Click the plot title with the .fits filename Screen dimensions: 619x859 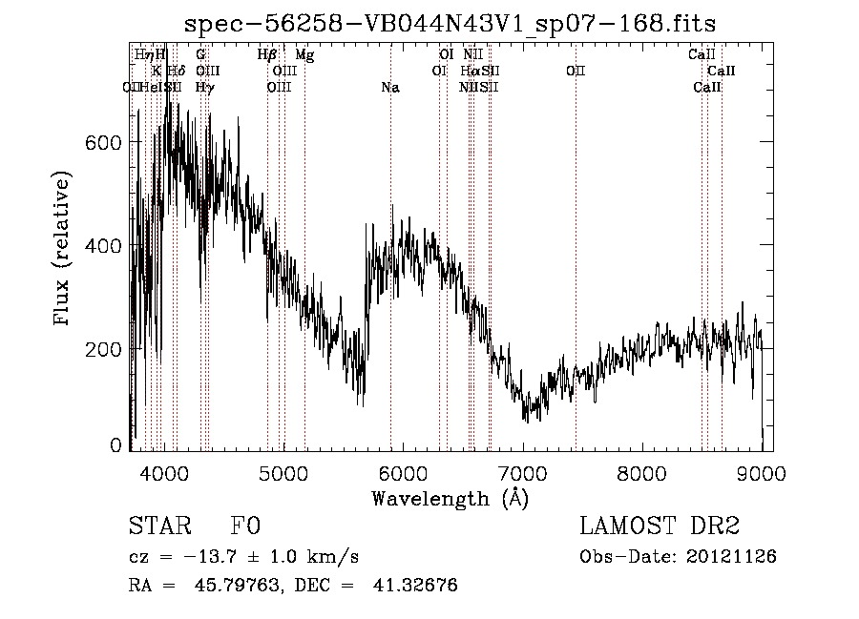click(450, 22)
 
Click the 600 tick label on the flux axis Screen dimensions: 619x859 click(102, 142)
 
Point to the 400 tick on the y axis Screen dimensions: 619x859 click(102, 246)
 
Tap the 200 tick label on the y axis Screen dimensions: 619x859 click(102, 349)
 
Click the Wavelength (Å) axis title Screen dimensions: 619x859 click(450, 498)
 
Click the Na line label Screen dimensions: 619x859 click(389, 88)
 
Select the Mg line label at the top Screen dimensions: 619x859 click(304, 55)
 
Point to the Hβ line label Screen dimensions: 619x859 click(267, 55)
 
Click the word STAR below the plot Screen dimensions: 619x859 click(158, 526)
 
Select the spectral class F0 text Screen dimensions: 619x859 click(245, 526)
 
